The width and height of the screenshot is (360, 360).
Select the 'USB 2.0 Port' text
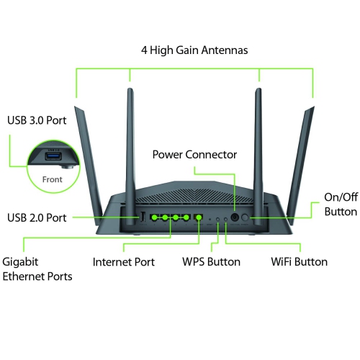pos(37,217)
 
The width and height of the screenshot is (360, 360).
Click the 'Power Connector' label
pos(194,154)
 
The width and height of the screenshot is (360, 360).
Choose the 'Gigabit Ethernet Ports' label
pos(37,269)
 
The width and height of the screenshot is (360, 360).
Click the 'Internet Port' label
pos(123,261)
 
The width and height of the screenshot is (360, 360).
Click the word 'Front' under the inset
pos(51,180)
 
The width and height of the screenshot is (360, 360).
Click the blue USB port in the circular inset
pos(54,158)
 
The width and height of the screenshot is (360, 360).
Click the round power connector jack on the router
pos(234,216)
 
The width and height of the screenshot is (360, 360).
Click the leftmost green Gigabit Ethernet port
pos(154,217)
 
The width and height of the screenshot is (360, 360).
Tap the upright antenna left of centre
pos(131,144)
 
